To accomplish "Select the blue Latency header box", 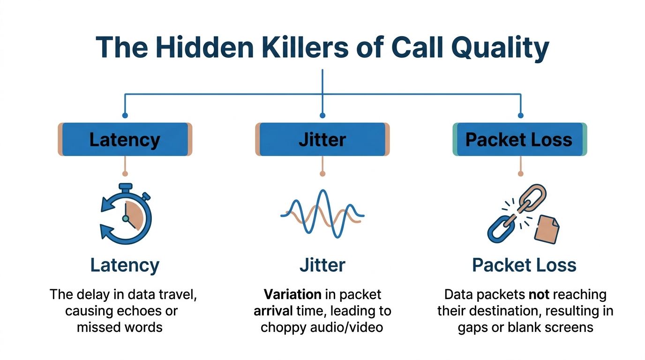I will tap(125, 139).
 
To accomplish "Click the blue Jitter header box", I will tap(322, 139).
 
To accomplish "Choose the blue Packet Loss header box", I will tap(519, 139).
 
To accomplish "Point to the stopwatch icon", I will tap(126, 214).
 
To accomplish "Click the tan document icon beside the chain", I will tap(547, 229).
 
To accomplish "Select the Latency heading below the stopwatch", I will tap(125, 265).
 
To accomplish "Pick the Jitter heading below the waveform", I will tap(322, 265).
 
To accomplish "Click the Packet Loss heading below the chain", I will tap(524, 265).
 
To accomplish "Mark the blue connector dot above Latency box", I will tap(125, 115).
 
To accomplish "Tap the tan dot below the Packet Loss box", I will tap(520, 173).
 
